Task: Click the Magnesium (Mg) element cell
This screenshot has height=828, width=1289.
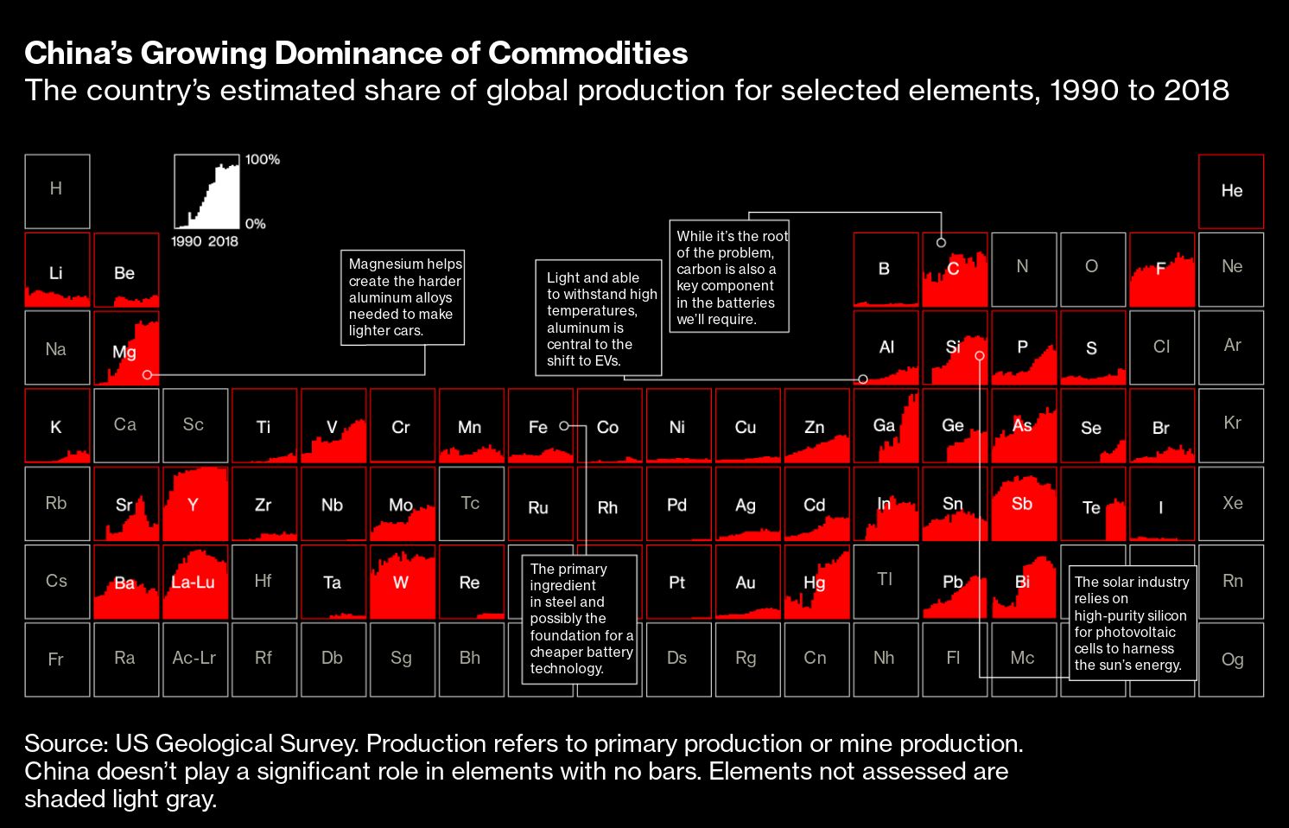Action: (x=126, y=347)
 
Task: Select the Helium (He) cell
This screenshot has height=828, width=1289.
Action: (x=1231, y=191)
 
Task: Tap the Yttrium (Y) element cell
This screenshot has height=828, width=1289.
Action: (x=194, y=504)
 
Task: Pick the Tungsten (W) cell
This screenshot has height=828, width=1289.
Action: (x=402, y=582)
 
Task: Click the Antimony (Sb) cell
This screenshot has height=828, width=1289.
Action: (x=1023, y=504)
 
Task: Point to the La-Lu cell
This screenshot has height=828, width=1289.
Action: (x=194, y=582)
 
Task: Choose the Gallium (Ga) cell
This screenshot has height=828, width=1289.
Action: (x=886, y=425)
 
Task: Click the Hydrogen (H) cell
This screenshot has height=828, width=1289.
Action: (x=57, y=191)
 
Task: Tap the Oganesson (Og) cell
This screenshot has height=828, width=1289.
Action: (x=1231, y=659)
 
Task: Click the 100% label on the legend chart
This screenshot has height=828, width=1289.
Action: (x=263, y=160)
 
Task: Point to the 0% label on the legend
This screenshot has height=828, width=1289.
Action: (x=256, y=224)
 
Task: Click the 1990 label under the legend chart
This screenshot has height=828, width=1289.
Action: (x=186, y=242)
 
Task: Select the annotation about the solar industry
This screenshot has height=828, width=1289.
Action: (x=1132, y=623)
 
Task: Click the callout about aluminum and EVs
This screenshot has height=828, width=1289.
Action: (x=598, y=319)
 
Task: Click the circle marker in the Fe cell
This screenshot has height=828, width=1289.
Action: (x=564, y=426)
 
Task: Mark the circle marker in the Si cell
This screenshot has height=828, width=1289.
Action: (x=980, y=355)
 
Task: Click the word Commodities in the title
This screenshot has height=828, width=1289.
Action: (x=588, y=54)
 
